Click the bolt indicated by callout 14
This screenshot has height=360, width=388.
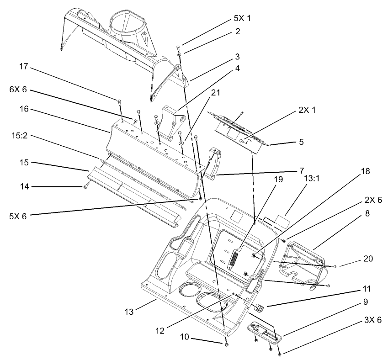point(85,186)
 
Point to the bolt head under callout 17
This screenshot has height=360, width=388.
point(119,101)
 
